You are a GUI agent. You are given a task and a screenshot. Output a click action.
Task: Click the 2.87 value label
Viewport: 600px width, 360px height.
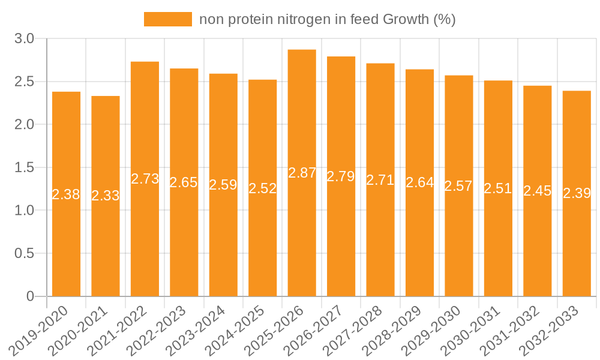tap(302, 173)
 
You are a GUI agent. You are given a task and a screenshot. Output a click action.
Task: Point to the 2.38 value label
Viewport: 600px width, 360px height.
tap(66, 194)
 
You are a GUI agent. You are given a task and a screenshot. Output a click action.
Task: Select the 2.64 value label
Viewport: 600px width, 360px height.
tap(419, 183)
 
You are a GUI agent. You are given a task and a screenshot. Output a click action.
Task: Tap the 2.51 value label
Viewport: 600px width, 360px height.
tap(498, 188)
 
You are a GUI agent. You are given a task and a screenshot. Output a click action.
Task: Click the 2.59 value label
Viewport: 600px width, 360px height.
tap(223, 185)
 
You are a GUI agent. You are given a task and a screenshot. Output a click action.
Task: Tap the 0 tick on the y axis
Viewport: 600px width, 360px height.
tap(31, 296)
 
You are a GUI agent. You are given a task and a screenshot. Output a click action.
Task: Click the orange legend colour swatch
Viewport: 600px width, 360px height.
tap(167, 19)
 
